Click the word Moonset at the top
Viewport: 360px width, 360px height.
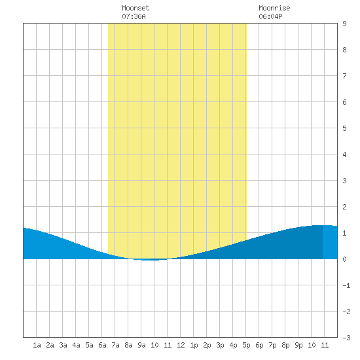[x=135, y=8]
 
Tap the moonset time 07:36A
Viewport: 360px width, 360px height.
[x=134, y=16]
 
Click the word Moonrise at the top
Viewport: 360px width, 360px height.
[x=274, y=8]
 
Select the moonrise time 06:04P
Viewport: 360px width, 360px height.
[x=270, y=16]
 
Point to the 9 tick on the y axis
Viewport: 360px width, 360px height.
[x=344, y=24]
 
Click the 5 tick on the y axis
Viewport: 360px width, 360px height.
[x=344, y=128]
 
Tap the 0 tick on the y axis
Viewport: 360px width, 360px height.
[x=344, y=259]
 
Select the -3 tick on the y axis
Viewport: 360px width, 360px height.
[x=346, y=338]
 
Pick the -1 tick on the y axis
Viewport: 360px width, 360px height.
[x=346, y=285]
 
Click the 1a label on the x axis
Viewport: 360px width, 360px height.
[x=37, y=345]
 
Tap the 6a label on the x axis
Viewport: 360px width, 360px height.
[x=102, y=345]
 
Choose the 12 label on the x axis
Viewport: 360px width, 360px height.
[x=181, y=345]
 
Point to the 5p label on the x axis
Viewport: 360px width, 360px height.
[x=246, y=345]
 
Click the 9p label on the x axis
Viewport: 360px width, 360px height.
[x=298, y=345]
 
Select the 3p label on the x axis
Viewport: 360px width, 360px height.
[x=220, y=345]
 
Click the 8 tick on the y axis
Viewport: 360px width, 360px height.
[x=344, y=50]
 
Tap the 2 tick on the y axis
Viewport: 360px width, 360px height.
[x=344, y=207]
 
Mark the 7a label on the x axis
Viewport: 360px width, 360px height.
[x=115, y=345]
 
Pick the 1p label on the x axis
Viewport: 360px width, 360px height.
[x=194, y=345]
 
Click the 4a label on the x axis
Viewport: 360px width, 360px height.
[x=76, y=345]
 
